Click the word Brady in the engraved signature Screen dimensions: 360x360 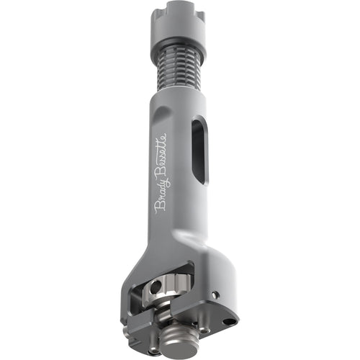click(161, 198)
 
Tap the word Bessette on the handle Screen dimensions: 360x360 click(161, 155)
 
